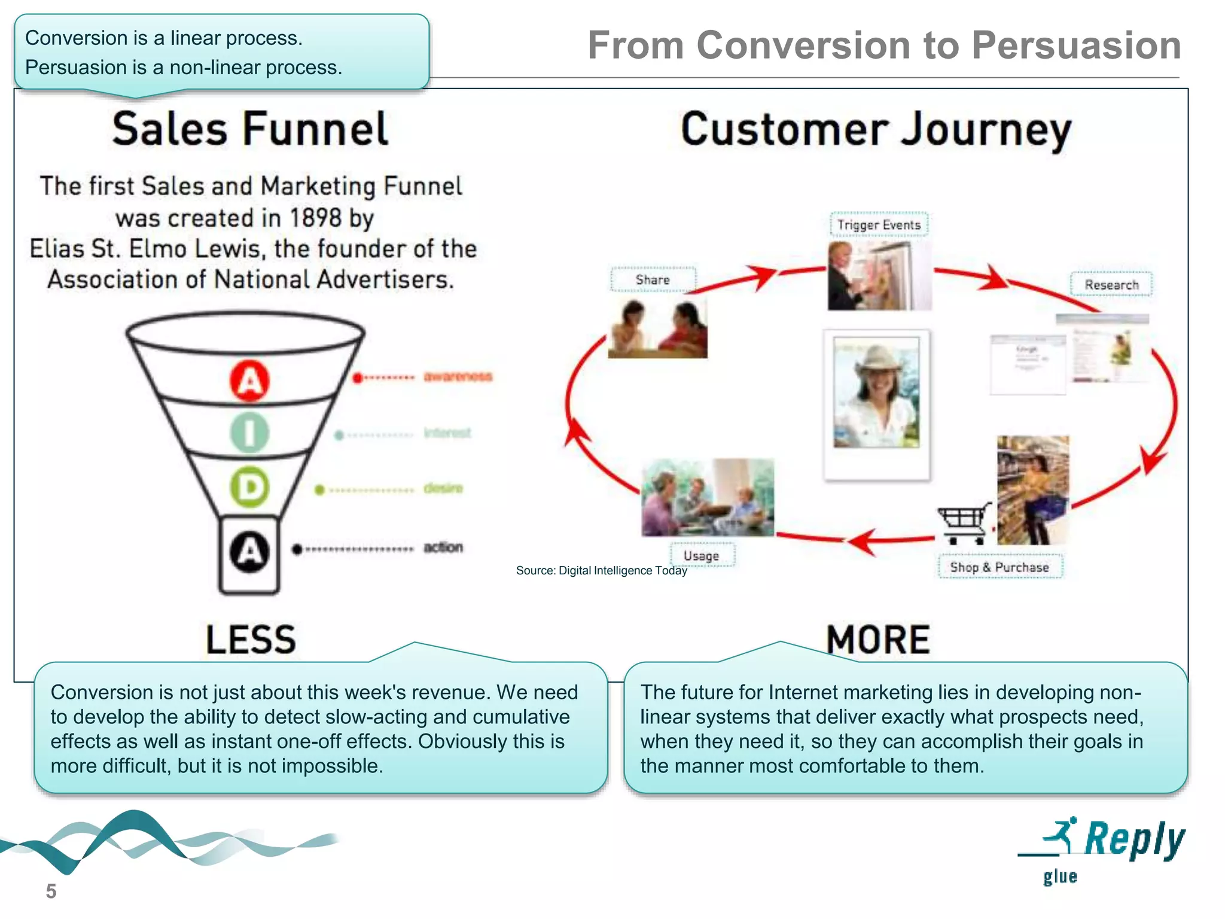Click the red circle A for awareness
[x=250, y=381]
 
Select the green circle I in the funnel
[x=250, y=433]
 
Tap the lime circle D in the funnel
[x=250, y=487]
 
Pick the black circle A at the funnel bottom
[x=250, y=551]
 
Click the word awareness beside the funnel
[x=458, y=376]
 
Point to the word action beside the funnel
[x=443, y=547]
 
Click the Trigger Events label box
[x=879, y=225]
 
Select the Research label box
[x=1111, y=285]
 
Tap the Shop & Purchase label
[x=999, y=567]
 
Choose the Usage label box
[x=701, y=555]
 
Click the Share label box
[x=653, y=280]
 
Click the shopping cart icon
[x=964, y=522]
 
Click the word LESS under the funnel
[x=251, y=639]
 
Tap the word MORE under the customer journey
[x=878, y=639]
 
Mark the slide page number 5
[x=51, y=891]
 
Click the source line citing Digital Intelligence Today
[x=601, y=570]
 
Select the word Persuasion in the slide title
[x=1076, y=45]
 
